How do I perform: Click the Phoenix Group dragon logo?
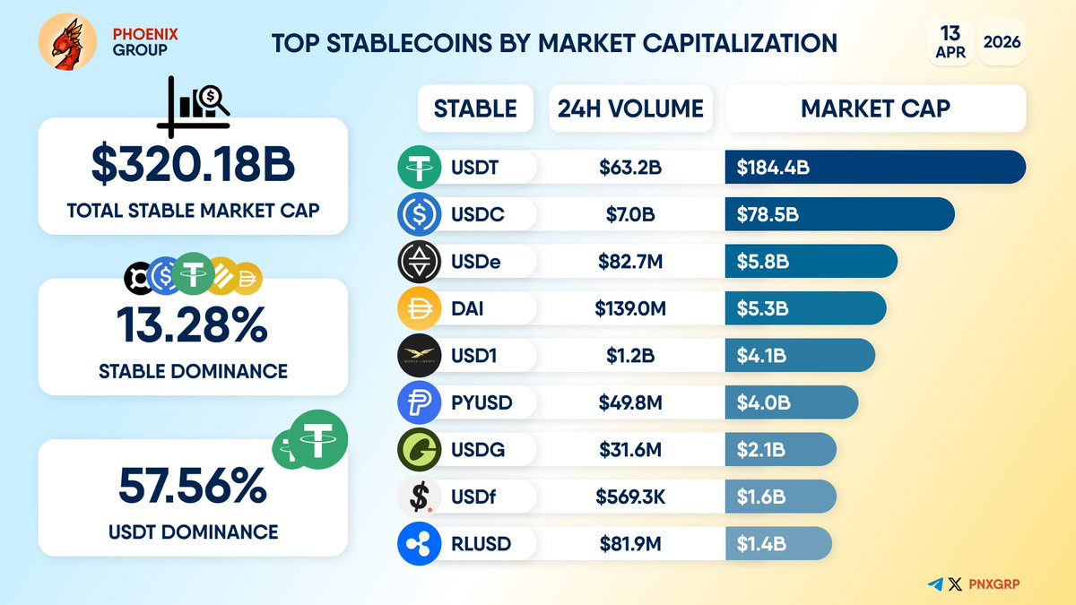click(x=67, y=42)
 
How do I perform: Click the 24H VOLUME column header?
click(x=630, y=109)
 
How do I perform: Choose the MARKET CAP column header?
click(x=875, y=109)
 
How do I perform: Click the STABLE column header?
click(x=475, y=109)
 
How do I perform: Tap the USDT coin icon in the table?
click(x=419, y=168)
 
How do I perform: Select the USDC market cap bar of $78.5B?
click(x=838, y=214)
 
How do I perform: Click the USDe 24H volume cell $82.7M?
click(x=630, y=262)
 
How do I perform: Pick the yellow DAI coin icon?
click(x=419, y=309)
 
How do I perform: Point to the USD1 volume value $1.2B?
click(x=630, y=356)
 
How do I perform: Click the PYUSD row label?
click(x=482, y=403)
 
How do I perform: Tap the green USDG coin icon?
click(x=419, y=450)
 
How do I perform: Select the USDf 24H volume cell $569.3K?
click(x=630, y=497)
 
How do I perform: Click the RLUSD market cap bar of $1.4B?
click(x=777, y=544)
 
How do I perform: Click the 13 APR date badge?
click(x=950, y=42)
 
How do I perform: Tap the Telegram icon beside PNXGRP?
click(x=936, y=584)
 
